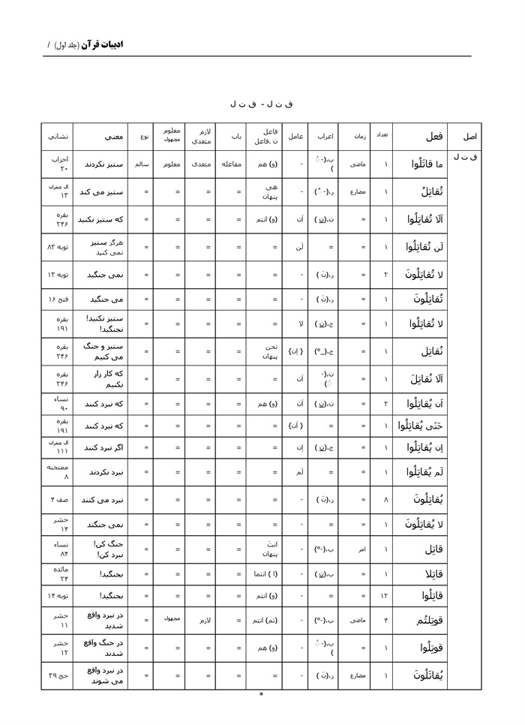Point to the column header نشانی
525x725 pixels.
point(59,137)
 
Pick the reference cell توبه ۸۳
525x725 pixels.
point(59,246)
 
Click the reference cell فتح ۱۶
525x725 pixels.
point(59,300)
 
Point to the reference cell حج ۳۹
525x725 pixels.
point(59,675)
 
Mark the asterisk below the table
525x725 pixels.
point(261,695)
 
